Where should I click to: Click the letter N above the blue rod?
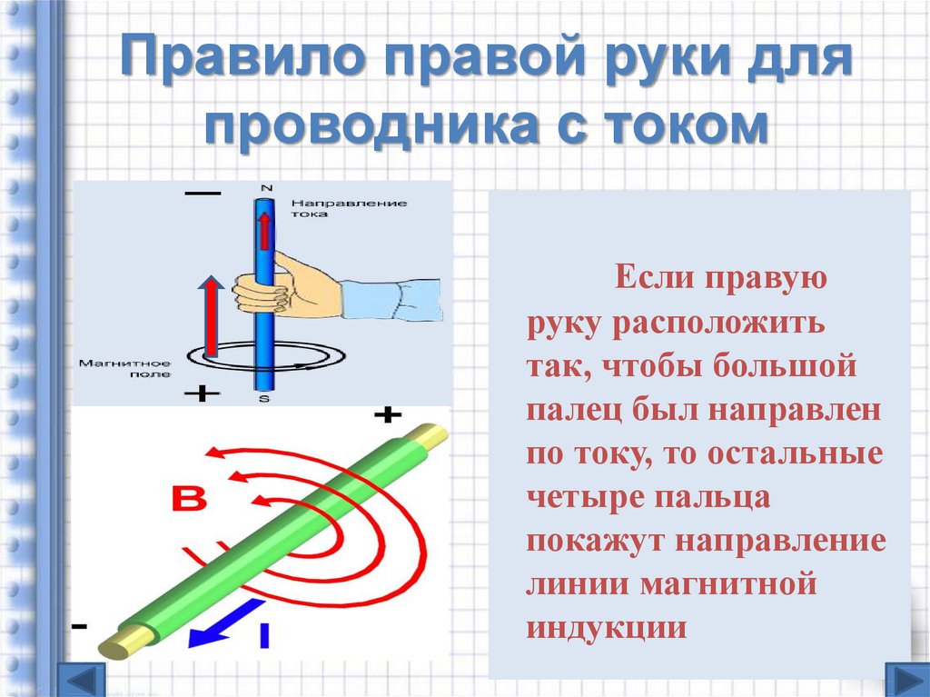pyautogui.click(x=266, y=187)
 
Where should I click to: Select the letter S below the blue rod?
pyautogui.click(x=264, y=398)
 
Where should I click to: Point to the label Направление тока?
pyautogui.click(x=349, y=208)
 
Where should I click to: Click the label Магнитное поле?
pyautogui.click(x=125, y=368)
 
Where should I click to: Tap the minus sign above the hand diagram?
pyautogui.click(x=203, y=194)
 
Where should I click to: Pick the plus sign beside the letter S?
pyautogui.click(x=202, y=393)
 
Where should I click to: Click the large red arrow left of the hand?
pyautogui.click(x=211, y=315)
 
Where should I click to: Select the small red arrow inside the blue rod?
pyautogui.click(x=264, y=231)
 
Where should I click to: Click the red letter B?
pyautogui.click(x=189, y=499)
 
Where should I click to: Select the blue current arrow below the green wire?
pyautogui.click(x=225, y=623)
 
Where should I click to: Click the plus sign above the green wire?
pyautogui.click(x=388, y=414)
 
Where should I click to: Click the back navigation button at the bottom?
pyautogui.click(x=81, y=681)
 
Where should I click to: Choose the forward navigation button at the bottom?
pyautogui.click(x=907, y=681)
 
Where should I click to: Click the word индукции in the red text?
pyautogui.click(x=607, y=627)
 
